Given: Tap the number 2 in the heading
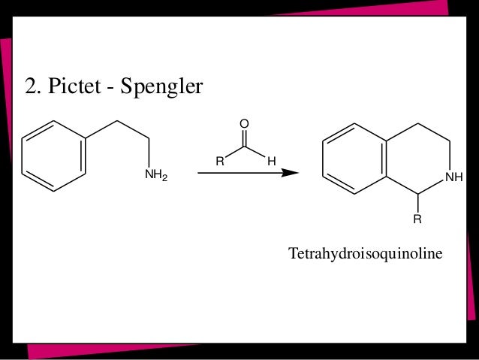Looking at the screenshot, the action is pyautogui.click(x=30, y=88).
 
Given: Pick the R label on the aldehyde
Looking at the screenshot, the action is pyautogui.click(x=219, y=160).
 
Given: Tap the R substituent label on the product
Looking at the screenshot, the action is pyautogui.click(x=417, y=221).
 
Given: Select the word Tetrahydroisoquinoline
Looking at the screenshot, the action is pyautogui.click(x=366, y=255).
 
